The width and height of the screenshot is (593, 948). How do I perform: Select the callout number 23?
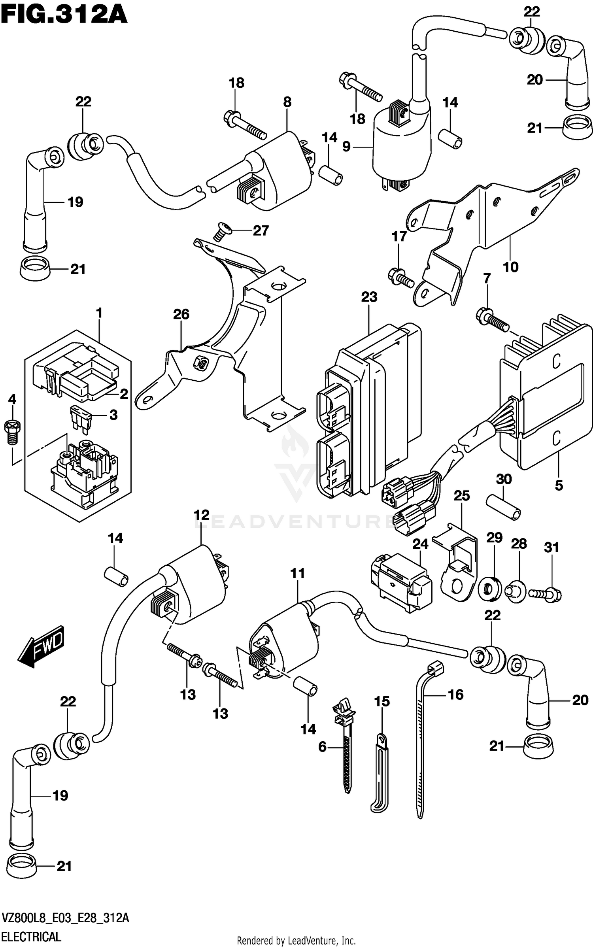coord(369,297)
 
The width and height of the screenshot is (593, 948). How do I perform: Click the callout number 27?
coord(261,230)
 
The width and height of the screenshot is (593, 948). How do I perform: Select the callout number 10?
coord(510,267)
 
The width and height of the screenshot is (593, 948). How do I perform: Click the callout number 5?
coord(559,485)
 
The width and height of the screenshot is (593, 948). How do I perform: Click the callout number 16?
coord(456,695)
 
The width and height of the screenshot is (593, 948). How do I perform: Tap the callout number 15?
coord(382,701)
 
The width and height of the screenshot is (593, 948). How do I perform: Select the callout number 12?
coord(201,515)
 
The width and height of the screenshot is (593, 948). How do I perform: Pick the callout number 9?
coord(346,147)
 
